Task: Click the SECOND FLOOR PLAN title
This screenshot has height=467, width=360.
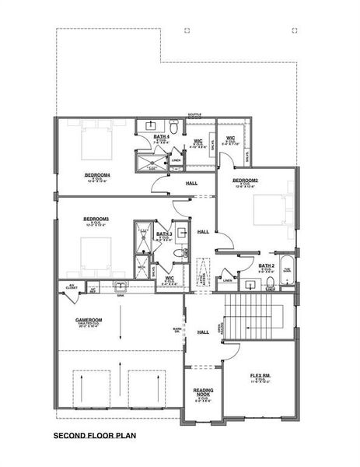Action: (x=92, y=437)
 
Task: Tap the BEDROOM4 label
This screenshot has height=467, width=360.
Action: (x=98, y=175)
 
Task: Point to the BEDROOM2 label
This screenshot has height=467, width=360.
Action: (x=246, y=181)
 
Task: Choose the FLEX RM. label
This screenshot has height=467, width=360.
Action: (x=260, y=375)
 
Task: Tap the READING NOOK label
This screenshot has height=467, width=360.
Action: (x=203, y=394)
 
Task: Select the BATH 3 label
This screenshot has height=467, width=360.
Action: (x=164, y=234)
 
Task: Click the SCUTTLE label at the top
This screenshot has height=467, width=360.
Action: (x=193, y=114)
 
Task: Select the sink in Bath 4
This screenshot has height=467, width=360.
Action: (x=150, y=125)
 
